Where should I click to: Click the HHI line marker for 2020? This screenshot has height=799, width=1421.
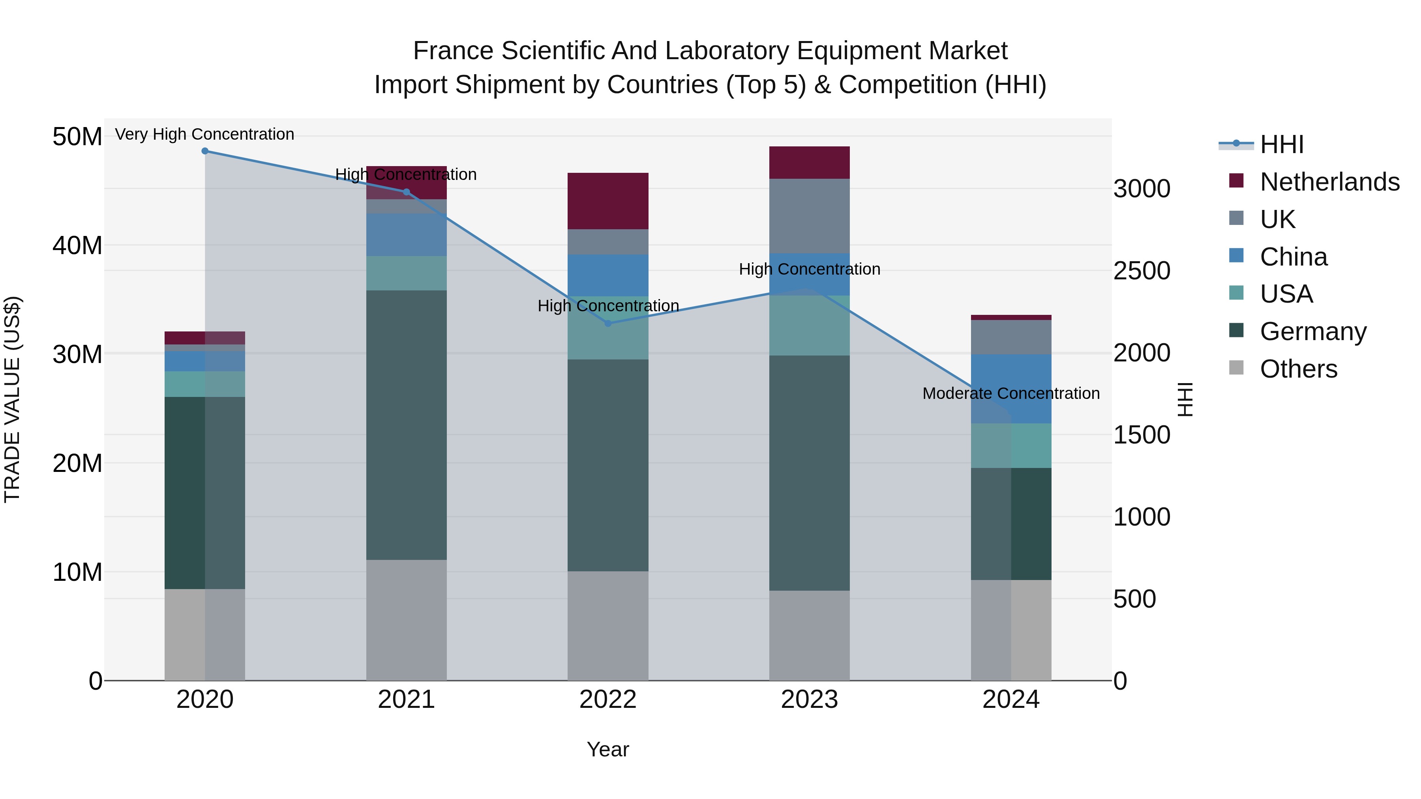204,151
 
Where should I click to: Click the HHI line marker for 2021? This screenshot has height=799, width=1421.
407,192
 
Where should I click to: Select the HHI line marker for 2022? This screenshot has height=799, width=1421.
608,323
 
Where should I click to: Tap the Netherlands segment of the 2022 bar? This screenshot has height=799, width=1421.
608,201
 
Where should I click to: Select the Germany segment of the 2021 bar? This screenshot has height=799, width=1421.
407,425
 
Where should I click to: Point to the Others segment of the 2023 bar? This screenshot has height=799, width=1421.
809,635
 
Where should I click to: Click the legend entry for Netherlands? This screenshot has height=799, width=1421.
1329,182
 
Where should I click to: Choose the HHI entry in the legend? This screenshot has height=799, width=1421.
1281,144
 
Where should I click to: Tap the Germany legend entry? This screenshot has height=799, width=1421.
1313,331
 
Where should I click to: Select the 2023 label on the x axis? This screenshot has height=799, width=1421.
809,700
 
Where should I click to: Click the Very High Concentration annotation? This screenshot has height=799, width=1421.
204,134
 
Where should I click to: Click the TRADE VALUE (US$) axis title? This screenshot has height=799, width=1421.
12,399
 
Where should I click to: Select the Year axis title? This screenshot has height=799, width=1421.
608,749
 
